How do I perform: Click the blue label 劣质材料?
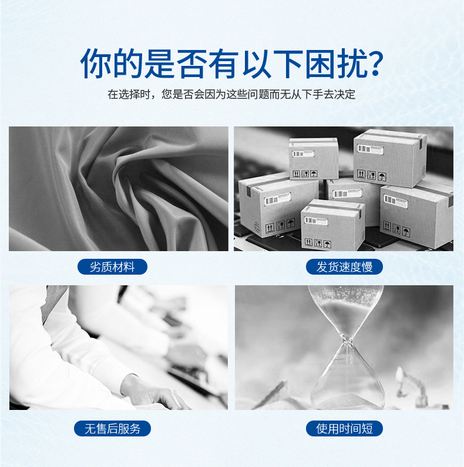pyautogui.click(x=112, y=267)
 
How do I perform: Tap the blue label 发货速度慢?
pyautogui.click(x=345, y=267)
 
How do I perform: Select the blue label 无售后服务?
pyautogui.click(x=112, y=428)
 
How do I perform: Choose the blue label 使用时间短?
pyautogui.click(x=345, y=428)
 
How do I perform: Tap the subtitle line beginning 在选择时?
pyautogui.click(x=231, y=94)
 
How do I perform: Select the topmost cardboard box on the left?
pyautogui.click(x=314, y=158)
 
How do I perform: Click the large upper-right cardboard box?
pyautogui.click(x=389, y=158)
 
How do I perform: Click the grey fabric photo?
pyautogui.click(x=118, y=189)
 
